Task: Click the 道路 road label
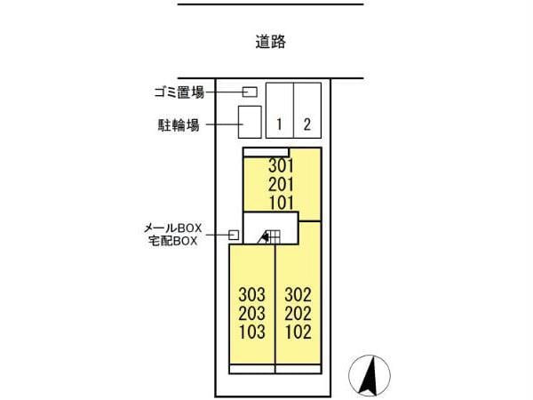(x=270, y=41)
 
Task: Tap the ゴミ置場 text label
(x=179, y=92)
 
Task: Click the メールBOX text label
(x=174, y=228)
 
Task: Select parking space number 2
(x=306, y=124)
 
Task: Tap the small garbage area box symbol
(x=251, y=92)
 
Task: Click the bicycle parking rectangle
(x=250, y=122)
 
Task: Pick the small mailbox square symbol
(x=234, y=235)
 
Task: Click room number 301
(x=281, y=166)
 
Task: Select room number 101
(x=281, y=202)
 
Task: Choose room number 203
(x=252, y=313)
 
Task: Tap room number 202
(x=298, y=313)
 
